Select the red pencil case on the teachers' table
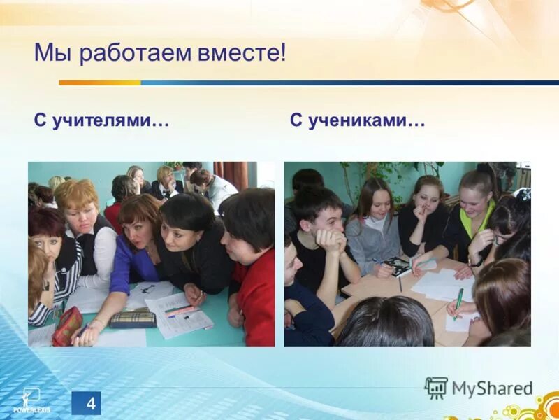click(x=67, y=326)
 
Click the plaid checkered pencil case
click(x=133, y=320)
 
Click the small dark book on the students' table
click(x=396, y=266)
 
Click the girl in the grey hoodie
click(x=373, y=224)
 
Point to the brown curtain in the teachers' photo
click(x=231, y=175)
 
